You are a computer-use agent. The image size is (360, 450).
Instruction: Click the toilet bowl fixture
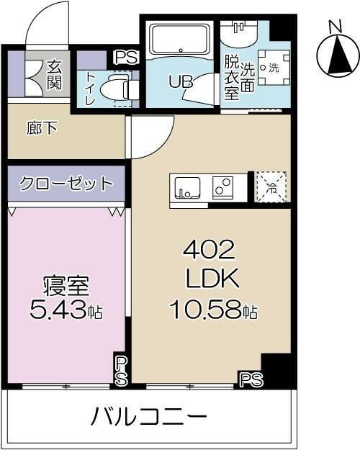point(115,89)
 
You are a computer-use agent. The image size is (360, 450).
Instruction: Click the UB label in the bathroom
point(181,81)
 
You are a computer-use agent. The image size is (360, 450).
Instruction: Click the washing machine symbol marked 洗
point(271,68)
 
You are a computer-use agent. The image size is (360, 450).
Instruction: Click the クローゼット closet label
point(66,183)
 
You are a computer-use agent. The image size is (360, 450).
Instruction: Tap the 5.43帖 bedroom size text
point(67,311)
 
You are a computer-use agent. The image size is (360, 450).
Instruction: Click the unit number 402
point(209,251)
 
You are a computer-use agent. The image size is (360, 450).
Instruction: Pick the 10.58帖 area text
point(213,311)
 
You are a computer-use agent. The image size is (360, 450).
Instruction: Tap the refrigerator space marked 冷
point(271,186)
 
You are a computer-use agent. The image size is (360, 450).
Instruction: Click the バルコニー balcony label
point(149,416)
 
